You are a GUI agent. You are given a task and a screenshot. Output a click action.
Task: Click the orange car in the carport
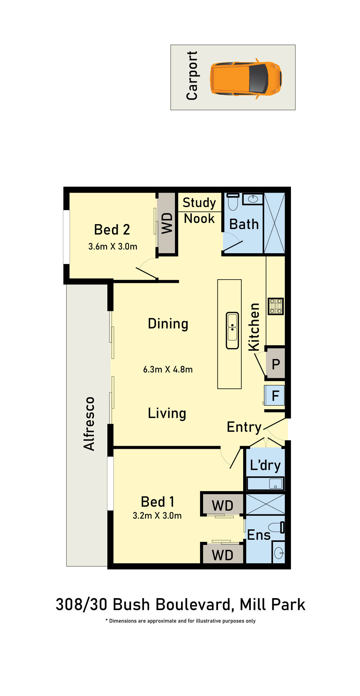coord(246,78)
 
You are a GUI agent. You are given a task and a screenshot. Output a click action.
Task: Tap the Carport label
coord(192,76)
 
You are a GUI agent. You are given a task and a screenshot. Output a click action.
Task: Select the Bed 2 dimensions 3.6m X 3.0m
coord(113,246)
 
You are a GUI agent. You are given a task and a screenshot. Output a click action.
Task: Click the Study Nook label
coord(199,211)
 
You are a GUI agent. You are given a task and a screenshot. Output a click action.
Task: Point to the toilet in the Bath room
coord(233,202)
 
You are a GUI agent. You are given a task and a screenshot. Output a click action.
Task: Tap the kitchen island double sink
coord(232,330)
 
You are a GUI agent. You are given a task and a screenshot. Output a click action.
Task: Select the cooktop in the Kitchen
coord(276,306)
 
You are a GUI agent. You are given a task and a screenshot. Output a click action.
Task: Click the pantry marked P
coord(276,364)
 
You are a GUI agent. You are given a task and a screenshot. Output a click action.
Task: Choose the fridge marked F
coord(275,396)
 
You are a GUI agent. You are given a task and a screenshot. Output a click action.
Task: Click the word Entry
coord(244,427)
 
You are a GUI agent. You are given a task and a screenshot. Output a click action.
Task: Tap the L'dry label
coord(265,465)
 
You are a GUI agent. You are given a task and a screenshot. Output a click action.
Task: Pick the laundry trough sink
coord(275,484)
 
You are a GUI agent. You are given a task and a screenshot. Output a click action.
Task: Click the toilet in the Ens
coord(276,528)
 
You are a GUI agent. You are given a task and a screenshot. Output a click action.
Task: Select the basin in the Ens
coord(279,553)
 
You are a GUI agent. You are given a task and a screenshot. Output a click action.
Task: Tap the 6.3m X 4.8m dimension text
coord(168,369)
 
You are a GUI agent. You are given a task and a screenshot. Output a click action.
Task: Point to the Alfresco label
coord(89,424)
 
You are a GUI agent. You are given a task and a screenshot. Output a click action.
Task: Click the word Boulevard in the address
coord(192,605)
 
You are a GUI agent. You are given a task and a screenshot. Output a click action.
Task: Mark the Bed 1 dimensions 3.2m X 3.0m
coord(157,516)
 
